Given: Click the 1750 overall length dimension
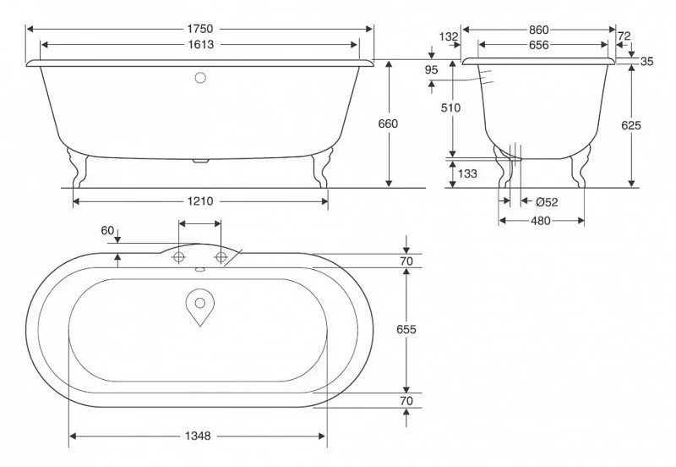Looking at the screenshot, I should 200,27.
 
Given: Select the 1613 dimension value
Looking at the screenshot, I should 200,45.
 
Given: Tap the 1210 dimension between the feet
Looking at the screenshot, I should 200,201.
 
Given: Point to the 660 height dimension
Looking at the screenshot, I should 389,124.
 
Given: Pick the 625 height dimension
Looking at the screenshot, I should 631,124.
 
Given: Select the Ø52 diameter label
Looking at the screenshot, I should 547,201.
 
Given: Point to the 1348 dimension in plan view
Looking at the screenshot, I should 196,436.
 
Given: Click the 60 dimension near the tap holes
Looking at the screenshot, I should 107,230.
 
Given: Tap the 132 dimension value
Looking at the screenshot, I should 449,36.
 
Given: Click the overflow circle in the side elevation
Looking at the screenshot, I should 200,79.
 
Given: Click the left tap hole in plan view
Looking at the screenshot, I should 179,256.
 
